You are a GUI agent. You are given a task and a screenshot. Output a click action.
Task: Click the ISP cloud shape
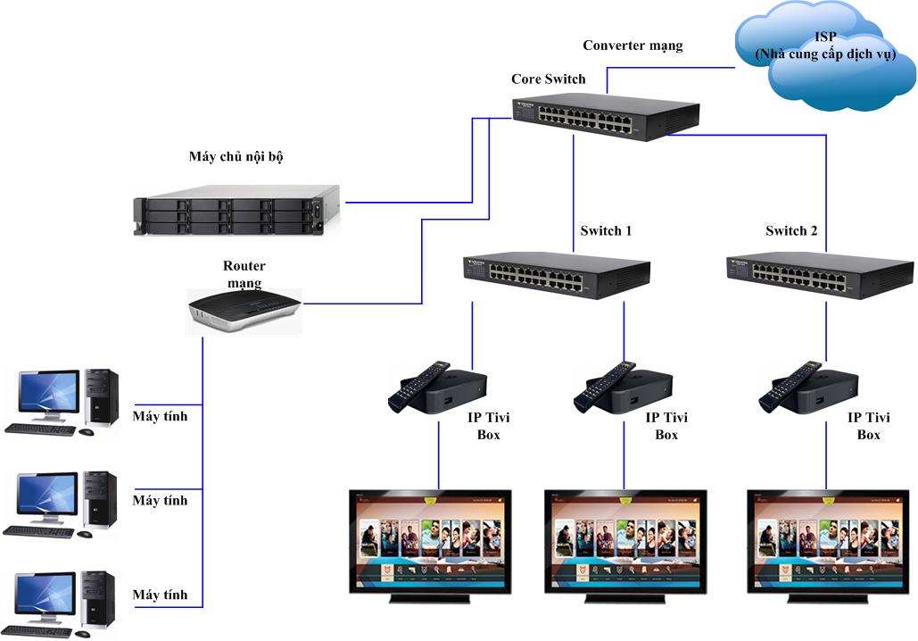point(825,55)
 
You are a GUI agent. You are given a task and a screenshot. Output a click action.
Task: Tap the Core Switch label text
point(548,79)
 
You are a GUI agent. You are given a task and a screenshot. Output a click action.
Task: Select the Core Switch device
point(606,116)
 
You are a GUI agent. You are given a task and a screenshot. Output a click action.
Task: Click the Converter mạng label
point(633,46)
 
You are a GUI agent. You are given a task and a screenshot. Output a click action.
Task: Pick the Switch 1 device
point(555,273)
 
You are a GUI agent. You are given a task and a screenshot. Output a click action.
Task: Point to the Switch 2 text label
point(791,231)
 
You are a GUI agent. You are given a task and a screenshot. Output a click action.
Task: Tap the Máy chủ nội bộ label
point(236,157)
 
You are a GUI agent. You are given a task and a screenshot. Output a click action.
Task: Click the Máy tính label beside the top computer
point(161,416)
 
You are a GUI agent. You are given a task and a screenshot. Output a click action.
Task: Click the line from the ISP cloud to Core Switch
point(669,66)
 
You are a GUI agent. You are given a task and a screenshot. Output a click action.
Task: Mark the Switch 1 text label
point(606,231)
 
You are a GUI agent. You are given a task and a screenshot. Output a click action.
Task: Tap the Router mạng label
point(244,275)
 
